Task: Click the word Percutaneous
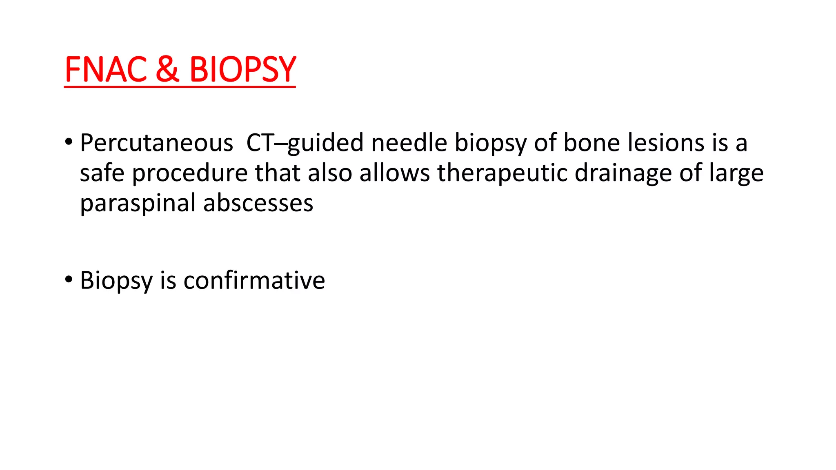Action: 156,144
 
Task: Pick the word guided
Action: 325,144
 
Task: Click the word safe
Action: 102,173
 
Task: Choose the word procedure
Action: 190,174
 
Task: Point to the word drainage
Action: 623,174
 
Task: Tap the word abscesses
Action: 258,203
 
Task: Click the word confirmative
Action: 254,281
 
